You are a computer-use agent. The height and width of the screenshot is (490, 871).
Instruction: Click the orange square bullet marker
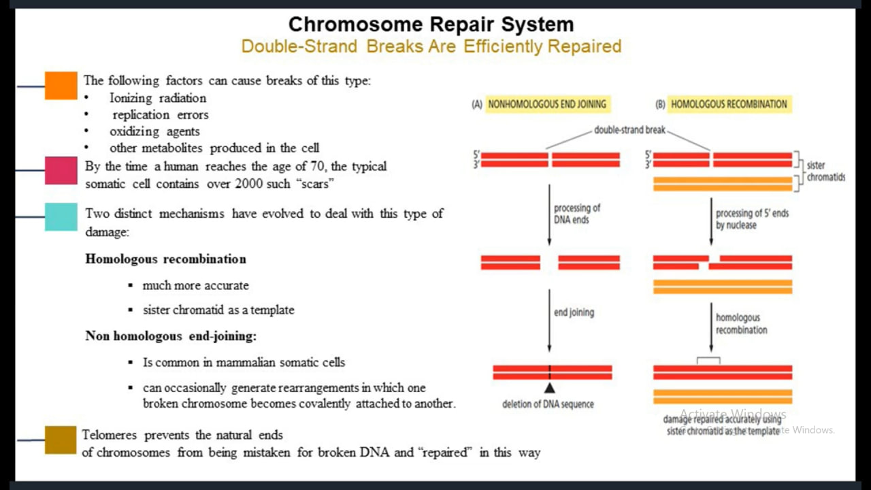[61, 86]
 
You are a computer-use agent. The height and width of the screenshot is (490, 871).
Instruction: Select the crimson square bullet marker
[61, 170]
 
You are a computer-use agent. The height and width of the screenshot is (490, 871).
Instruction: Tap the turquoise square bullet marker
[61, 216]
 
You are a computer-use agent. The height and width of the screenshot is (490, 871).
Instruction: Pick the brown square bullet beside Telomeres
[61, 440]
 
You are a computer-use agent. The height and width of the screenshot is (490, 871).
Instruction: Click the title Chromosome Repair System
[431, 24]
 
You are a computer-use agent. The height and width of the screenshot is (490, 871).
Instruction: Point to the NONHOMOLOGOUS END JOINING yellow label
[546, 104]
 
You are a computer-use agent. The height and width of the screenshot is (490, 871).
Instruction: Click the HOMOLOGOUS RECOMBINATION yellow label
[729, 104]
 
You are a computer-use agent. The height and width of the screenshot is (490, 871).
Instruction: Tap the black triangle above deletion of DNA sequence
[550, 388]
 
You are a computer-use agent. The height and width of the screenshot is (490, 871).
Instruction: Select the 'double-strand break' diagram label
[629, 130]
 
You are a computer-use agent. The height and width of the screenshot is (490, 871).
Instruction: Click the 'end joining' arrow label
[574, 312]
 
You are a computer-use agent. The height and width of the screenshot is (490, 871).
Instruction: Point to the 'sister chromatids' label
[825, 171]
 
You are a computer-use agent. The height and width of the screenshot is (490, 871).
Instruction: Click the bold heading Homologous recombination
[165, 259]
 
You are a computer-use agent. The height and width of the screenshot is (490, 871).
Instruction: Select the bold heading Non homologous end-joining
[171, 336]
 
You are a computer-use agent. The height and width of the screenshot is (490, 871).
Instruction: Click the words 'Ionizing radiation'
[158, 98]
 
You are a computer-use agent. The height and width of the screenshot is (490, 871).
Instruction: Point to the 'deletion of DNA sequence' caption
[548, 404]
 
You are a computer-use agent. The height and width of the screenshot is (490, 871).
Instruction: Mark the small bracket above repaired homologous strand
[708, 360]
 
